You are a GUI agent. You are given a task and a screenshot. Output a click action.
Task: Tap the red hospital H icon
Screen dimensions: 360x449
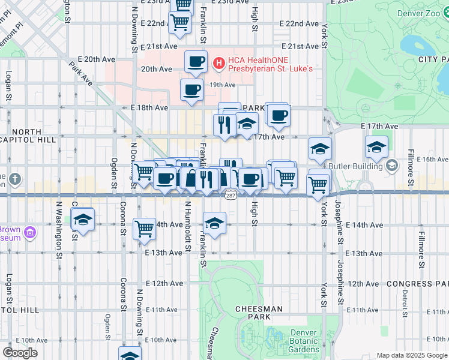click(218, 62)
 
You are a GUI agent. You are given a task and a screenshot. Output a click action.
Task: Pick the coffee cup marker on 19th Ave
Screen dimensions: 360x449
click(191, 90)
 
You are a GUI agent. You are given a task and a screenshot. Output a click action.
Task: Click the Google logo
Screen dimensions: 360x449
click(20, 353)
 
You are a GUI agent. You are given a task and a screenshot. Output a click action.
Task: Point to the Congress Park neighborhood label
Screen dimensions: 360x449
click(417, 283)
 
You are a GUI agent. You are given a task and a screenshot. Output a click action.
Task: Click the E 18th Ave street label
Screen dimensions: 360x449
click(149, 107)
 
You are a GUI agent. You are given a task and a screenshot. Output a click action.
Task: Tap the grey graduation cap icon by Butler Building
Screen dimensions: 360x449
click(391, 165)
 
